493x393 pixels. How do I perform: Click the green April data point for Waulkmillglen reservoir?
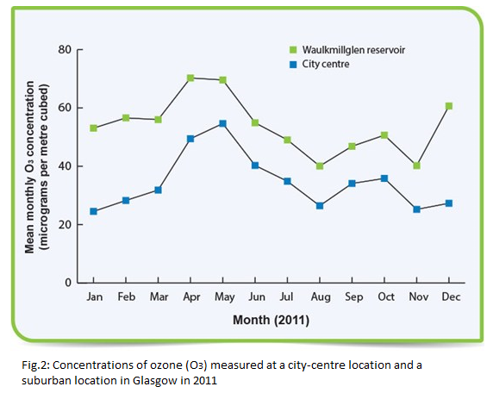coord(190,78)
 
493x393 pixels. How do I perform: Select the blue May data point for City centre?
coord(222,123)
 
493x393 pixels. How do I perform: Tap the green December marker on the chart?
coord(449,106)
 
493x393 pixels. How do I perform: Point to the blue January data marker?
coord(93,211)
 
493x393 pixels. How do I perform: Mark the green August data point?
coord(320,165)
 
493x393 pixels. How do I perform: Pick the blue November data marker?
coord(416,209)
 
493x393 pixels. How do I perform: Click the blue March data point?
coord(158,190)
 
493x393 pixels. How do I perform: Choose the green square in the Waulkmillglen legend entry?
coord(293,50)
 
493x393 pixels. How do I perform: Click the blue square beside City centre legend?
coord(293,65)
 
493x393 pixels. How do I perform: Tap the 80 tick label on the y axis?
coord(65,50)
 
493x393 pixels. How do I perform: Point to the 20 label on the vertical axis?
coord(65,224)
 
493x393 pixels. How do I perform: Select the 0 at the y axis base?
coord(68,283)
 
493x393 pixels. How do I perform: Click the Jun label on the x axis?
coord(257,296)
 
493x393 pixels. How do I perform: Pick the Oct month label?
coord(386,296)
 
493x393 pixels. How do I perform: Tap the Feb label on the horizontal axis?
coord(127,296)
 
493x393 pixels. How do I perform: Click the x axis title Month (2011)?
coord(271,320)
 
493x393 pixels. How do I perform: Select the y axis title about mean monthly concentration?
coord(37,167)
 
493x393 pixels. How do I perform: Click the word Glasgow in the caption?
coord(154,381)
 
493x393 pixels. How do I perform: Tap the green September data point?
coord(353,147)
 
